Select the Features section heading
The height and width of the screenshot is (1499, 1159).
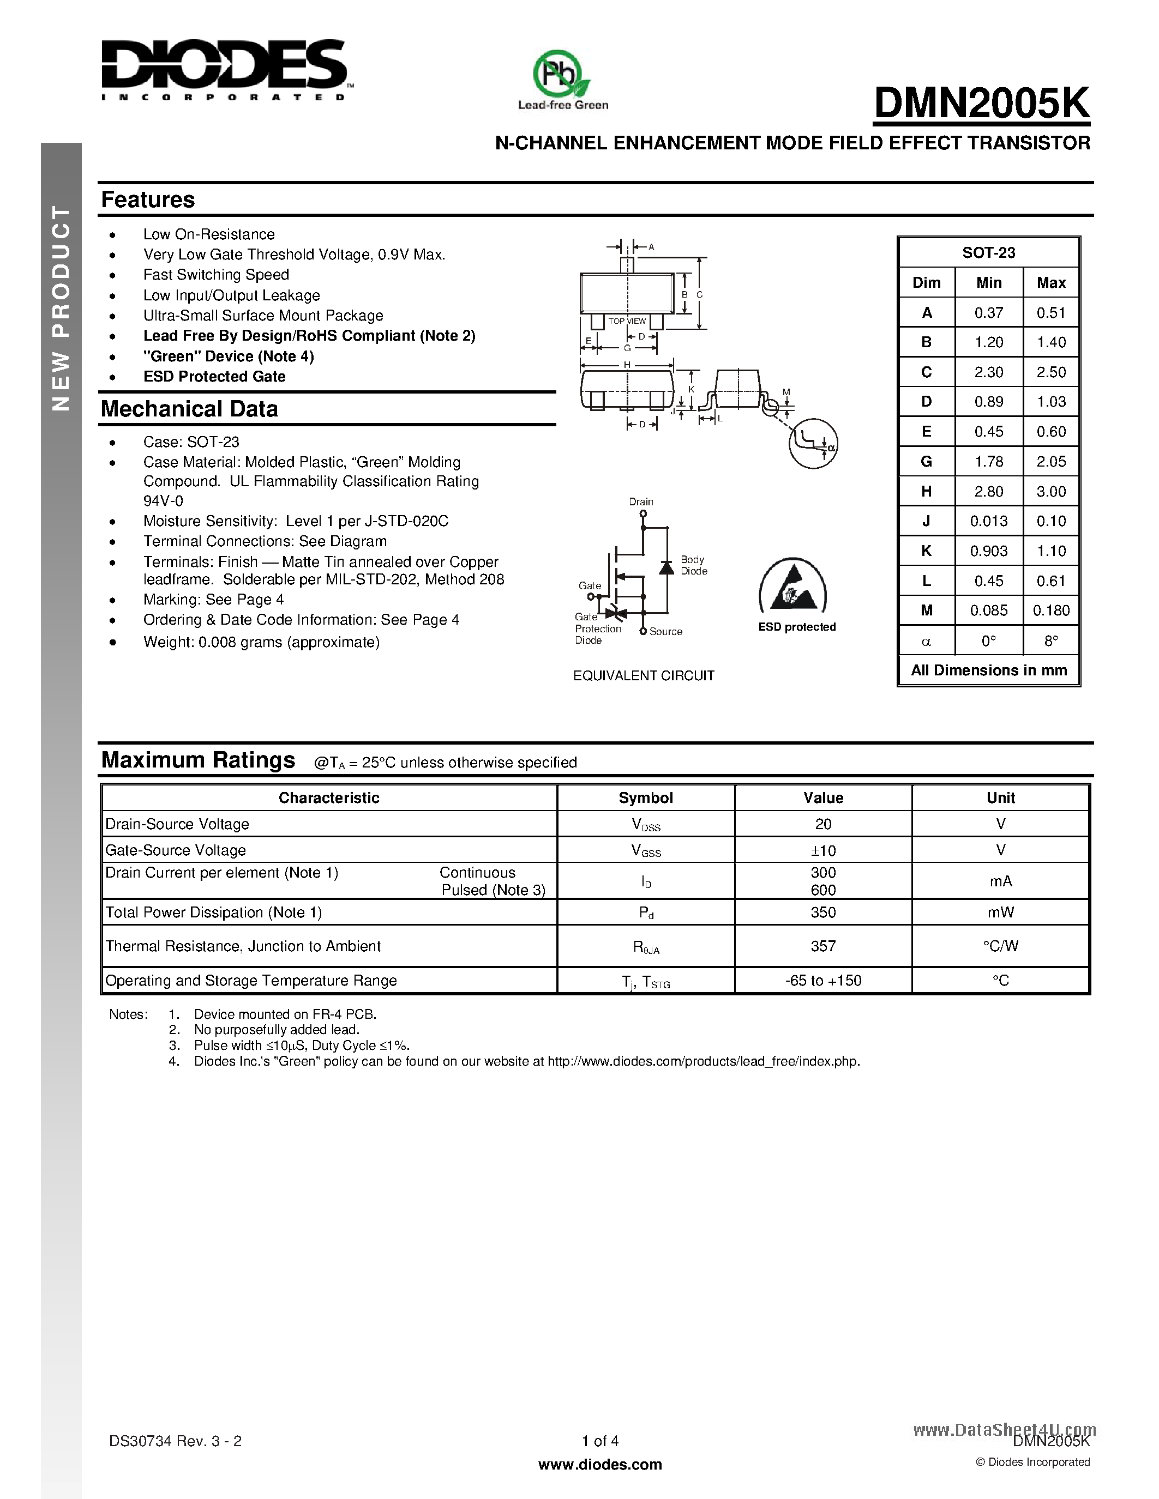click(148, 200)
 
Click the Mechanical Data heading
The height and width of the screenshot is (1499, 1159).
click(189, 409)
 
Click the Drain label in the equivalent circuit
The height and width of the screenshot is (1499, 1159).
click(641, 501)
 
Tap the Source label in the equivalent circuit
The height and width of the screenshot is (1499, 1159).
click(665, 631)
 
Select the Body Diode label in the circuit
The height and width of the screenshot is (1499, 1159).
click(693, 566)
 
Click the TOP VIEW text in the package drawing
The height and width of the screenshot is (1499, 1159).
click(627, 321)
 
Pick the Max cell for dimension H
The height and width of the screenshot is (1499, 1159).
click(1050, 492)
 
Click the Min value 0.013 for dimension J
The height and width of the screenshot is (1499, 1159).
click(988, 521)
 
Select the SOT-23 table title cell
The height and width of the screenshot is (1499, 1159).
click(988, 252)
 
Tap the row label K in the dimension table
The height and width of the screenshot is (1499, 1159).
click(926, 551)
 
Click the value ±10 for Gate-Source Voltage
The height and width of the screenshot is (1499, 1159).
click(822, 850)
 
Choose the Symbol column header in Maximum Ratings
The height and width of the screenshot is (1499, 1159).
click(645, 797)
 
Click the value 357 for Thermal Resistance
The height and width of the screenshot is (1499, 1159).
click(822, 946)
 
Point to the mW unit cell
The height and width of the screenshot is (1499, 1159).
click(1000, 912)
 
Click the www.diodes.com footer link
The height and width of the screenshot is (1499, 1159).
click(600, 1465)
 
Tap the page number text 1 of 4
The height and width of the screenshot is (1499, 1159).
click(600, 1441)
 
